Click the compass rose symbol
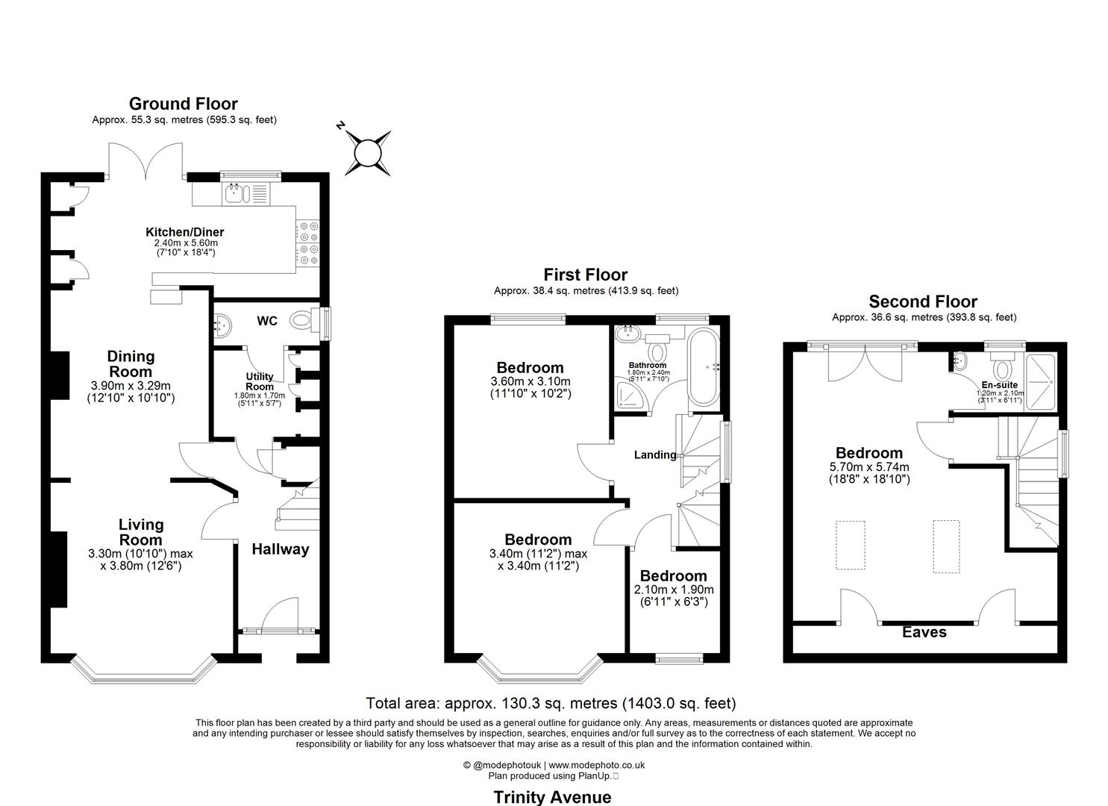367,153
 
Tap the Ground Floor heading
184,104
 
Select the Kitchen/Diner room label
184,232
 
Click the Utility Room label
260,381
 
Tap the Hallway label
280,549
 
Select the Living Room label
141,532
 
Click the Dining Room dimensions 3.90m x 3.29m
131,386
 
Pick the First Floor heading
586,275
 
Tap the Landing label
655,454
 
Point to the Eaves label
924,632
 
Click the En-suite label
999,384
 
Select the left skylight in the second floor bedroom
851,546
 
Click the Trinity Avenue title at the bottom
552,797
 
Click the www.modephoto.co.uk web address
597,765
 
